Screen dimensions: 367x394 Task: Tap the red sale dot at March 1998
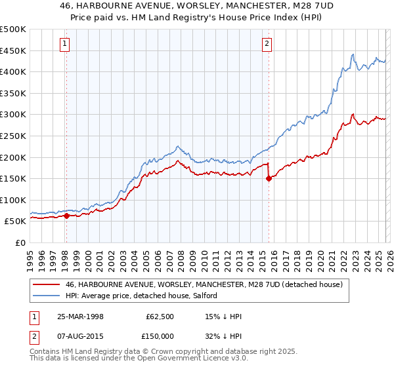click(66, 216)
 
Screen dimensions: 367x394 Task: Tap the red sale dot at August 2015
click(269, 178)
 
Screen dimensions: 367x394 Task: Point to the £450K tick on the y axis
click(13, 50)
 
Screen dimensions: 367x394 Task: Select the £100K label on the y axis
click(13, 200)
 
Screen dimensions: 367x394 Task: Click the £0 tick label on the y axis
click(20, 242)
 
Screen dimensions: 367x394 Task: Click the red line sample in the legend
click(47, 284)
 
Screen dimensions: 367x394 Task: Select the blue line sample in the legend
click(47, 296)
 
